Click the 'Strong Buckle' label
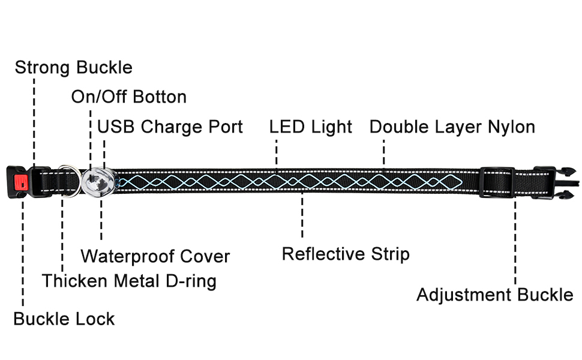[x=73, y=67]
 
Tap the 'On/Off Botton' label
[x=128, y=97]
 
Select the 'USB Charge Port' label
[x=170, y=127]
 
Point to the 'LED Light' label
[x=310, y=127]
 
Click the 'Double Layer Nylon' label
[x=452, y=127]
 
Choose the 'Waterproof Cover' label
[x=155, y=257]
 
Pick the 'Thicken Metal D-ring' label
[x=128, y=281]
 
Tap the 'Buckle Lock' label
[x=64, y=319]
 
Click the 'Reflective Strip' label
[x=346, y=254]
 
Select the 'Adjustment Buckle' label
[x=494, y=295]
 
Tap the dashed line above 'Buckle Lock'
[x=23, y=252]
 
